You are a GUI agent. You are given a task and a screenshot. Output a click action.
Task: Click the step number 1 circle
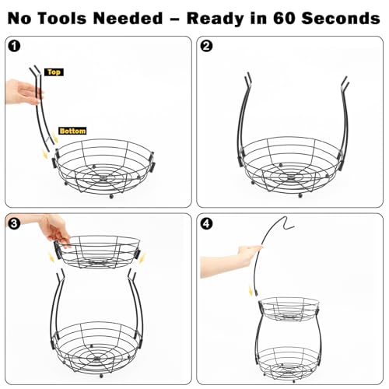(x=14, y=46)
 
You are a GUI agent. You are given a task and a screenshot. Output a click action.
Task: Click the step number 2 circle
(x=206, y=46)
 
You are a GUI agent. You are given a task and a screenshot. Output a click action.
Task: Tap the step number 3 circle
(x=14, y=223)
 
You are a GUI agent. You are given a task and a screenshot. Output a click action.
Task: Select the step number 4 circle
(x=206, y=223)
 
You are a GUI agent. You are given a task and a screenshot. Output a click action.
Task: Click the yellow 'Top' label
(x=54, y=72)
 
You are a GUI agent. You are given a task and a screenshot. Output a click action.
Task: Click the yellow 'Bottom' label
(x=72, y=131)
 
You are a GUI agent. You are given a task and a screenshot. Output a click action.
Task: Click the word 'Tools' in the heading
(x=62, y=19)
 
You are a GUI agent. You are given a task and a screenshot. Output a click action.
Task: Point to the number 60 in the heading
(x=284, y=19)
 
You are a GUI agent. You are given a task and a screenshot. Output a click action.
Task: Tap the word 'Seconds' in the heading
(x=341, y=19)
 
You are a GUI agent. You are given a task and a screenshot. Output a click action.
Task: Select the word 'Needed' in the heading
(x=128, y=19)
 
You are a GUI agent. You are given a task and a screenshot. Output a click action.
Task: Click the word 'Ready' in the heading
(x=216, y=19)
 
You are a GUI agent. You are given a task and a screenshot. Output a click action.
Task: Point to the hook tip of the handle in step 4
(x=293, y=227)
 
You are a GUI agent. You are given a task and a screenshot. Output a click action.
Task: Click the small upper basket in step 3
(x=97, y=251)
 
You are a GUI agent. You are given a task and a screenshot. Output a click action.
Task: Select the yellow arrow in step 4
(x=251, y=291)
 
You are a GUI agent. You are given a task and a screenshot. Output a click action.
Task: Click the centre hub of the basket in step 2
(x=290, y=177)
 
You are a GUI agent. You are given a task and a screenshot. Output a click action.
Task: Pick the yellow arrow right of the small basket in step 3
(x=142, y=258)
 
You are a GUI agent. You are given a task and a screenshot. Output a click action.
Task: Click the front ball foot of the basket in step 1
(x=111, y=196)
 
